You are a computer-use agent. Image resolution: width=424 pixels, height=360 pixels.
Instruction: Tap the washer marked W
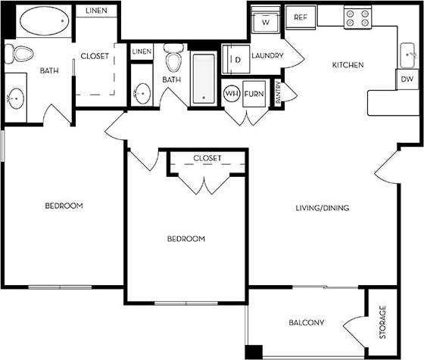pos(266,22)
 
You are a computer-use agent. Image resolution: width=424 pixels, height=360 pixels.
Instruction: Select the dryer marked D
pos(235,59)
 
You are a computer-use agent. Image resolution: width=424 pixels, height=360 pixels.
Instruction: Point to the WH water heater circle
pos(232,95)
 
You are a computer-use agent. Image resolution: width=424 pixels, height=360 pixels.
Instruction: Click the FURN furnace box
pos(253,95)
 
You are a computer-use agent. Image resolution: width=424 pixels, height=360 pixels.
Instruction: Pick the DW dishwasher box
pos(406,79)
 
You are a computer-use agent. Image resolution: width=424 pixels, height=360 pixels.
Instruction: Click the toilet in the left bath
pos(20,54)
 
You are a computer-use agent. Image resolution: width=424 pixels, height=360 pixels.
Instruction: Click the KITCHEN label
pos(348,66)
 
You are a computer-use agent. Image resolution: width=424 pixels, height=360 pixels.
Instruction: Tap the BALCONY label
pos(307,323)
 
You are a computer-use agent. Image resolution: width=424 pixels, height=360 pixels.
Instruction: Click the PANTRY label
pos(278,92)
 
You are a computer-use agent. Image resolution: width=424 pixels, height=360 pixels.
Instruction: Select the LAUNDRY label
pos(267,56)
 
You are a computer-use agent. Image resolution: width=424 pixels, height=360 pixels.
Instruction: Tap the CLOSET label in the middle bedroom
pos(207,158)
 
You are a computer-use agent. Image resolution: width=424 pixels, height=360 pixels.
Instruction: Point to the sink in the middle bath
pos(142,94)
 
